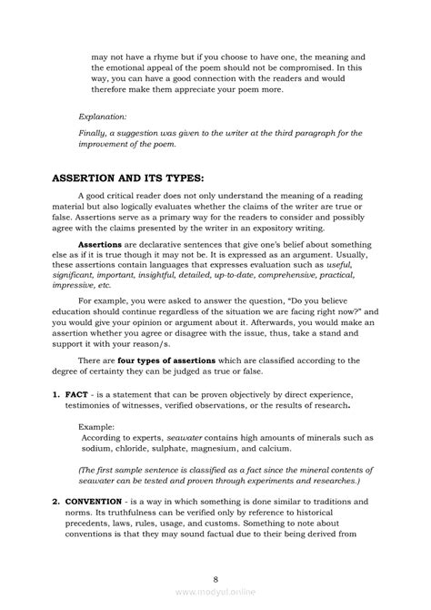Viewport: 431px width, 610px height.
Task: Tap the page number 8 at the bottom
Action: click(215, 577)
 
